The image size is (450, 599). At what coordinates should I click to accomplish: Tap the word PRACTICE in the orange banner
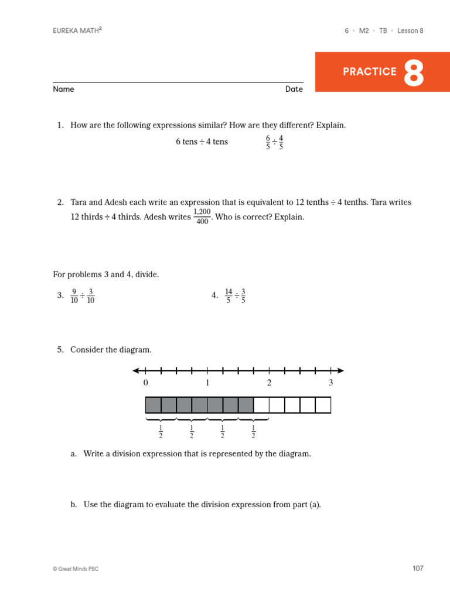tap(369, 72)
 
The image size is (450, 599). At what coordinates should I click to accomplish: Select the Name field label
tap(63, 89)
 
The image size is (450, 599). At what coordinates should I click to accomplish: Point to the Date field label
tap(294, 89)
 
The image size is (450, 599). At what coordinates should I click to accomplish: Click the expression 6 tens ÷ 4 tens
tap(202, 142)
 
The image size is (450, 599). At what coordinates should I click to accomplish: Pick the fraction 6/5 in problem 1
tap(268, 142)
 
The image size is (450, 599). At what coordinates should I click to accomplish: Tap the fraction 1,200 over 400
tap(202, 216)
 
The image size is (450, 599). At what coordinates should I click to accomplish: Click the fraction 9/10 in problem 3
tap(74, 296)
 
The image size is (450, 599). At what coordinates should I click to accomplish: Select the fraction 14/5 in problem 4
tap(229, 296)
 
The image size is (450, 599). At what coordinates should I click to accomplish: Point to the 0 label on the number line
tap(146, 383)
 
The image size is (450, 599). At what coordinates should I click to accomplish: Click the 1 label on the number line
tap(207, 383)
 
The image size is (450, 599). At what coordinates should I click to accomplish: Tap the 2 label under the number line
tap(269, 383)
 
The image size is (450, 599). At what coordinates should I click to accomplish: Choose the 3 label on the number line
tap(330, 383)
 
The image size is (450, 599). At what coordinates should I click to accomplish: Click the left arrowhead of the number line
tap(136, 370)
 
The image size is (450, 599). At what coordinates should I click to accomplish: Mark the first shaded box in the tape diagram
tap(153, 405)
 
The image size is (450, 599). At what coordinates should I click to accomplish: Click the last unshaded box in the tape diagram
tap(323, 405)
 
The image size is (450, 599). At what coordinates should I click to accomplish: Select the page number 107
tap(417, 568)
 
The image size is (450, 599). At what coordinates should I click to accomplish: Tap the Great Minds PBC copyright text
tap(76, 569)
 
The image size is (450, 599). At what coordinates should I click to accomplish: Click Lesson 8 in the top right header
tap(410, 30)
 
